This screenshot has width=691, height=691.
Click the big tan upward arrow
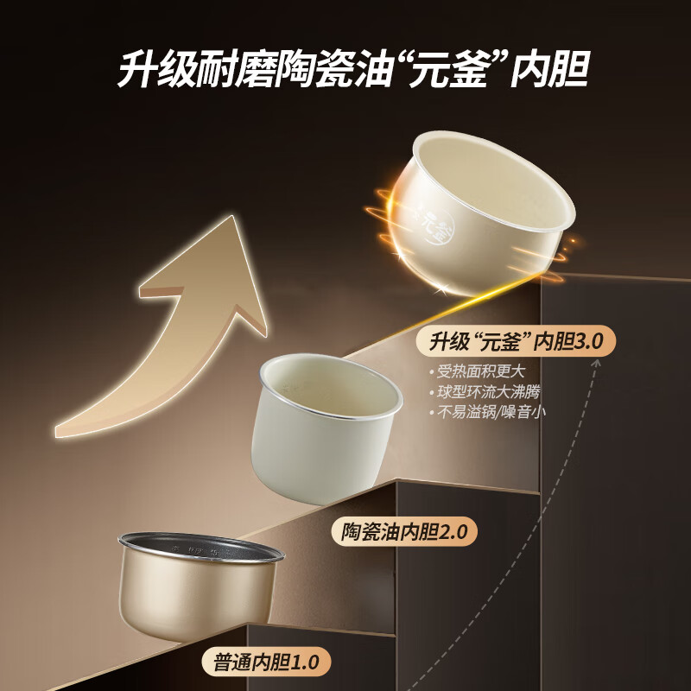pyautogui.click(x=173, y=328)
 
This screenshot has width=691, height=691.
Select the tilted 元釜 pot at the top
pyautogui.click(x=479, y=212)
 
